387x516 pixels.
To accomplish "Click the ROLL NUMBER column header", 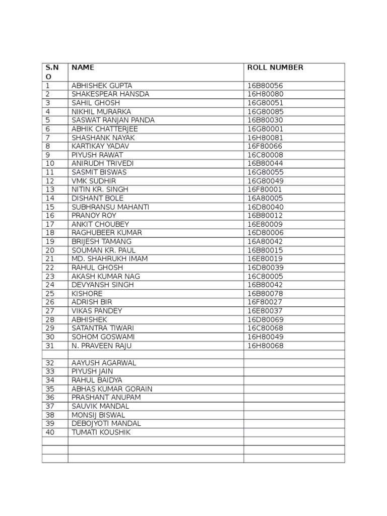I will [x=275, y=68].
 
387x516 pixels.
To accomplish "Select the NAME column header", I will [x=83, y=68].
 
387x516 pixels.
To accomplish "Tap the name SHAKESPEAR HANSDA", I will [x=110, y=94].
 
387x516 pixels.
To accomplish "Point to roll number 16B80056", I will [x=265, y=86].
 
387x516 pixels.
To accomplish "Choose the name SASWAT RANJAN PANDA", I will [x=113, y=120].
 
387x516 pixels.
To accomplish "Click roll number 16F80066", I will [x=265, y=146].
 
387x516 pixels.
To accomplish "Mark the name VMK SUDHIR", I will [x=94, y=181].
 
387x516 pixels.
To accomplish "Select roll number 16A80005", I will [x=265, y=198].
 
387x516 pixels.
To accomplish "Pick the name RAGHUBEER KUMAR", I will [x=107, y=233].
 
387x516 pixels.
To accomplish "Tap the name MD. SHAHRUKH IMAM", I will [x=110, y=259].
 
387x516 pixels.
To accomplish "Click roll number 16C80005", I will [x=265, y=276].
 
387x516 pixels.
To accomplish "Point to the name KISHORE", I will [x=87, y=293].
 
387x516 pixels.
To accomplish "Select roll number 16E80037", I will [x=265, y=311].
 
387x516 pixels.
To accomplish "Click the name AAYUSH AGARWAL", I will [x=104, y=363].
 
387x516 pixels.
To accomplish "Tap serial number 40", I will [x=50, y=432].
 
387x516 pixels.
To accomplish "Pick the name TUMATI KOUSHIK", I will [x=101, y=432].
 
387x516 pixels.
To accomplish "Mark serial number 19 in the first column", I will [x=50, y=241].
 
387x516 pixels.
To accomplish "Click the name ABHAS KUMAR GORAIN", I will [x=112, y=389].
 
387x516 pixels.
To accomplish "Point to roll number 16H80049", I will [x=265, y=337].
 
